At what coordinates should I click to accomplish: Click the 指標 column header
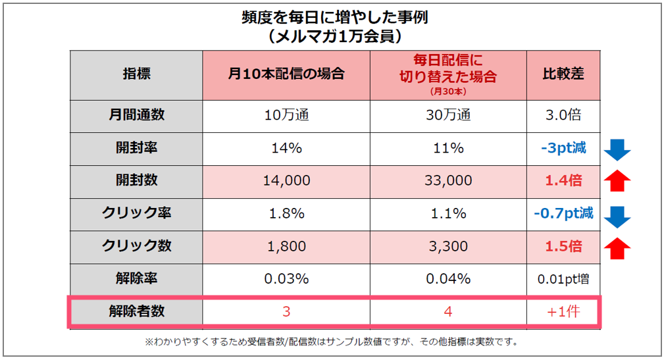click(x=136, y=74)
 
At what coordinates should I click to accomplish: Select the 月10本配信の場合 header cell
click(x=286, y=74)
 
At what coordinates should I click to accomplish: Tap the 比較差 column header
click(x=563, y=74)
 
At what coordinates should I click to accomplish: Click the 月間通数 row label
click(x=136, y=115)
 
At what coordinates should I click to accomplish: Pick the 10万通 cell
click(x=286, y=115)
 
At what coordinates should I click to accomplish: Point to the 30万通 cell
click(x=448, y=115)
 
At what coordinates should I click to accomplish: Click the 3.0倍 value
click(x=563, y=115)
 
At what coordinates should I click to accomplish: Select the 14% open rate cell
click(x=286, y=148)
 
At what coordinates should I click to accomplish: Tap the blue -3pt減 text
click(x=563, y=148)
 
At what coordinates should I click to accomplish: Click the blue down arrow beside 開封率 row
click(x=617, y=149)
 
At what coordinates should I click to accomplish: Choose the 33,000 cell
click(x=448, y=180)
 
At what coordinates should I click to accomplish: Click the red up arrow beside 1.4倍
click(x=617, y=181)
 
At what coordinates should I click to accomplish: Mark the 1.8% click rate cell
click(x=286, y=213)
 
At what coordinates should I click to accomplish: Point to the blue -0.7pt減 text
click(x=563, y=213)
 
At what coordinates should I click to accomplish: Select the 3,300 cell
click(x=448, y=246)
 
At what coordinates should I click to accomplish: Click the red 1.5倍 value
click(x=563, y=246)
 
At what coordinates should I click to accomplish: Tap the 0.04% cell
click(x=448, y=278)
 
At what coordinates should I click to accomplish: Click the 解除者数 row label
click(x=136, y=311)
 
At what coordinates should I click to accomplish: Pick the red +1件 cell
click(x=563, y=312)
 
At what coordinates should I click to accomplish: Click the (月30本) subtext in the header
click(x=448, y=91)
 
